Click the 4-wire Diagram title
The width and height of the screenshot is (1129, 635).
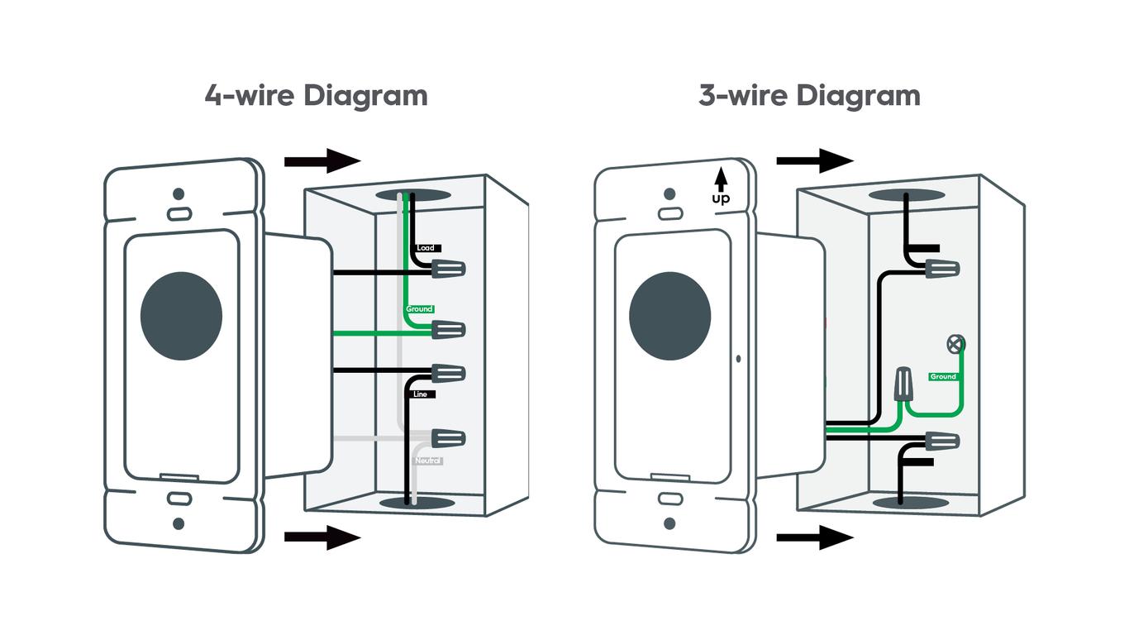click(x=316, y=96)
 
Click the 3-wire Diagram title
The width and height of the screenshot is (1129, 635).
click(x=809, y=96)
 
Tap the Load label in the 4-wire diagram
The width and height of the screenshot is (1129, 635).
click(x=426, y=248)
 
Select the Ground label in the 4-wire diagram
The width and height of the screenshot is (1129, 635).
click(x=419, y=309)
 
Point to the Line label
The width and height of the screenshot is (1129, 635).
click(x=421, y=395)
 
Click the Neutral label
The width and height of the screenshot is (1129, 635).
click(x=428, y=461)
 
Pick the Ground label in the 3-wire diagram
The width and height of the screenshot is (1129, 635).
click(x=942, y=376)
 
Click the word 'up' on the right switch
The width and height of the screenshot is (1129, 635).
click(x=721, y=198)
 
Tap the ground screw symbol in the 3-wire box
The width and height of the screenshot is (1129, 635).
click(x=956, y=343)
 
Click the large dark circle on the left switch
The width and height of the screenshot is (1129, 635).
click(x=182, y=315)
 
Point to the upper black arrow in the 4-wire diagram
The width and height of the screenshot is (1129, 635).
click(x=322, y=160)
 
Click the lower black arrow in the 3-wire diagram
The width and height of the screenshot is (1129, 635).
click(x=814, y=538)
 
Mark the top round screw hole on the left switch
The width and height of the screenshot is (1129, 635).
click(x=178, y=195)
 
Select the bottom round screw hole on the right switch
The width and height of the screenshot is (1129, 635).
click(x=669, y=523)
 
